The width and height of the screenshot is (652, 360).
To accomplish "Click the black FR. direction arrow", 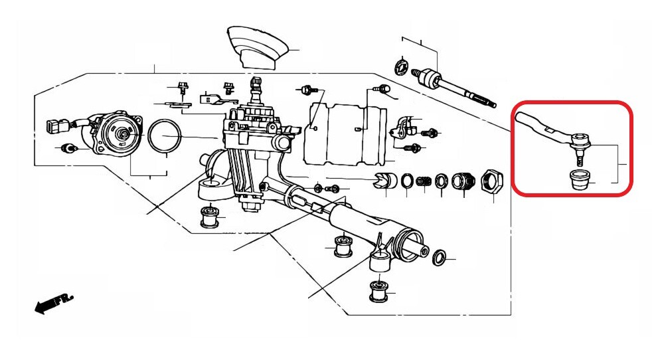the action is pos(53,303).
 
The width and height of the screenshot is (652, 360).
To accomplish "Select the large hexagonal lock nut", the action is pos(493,181).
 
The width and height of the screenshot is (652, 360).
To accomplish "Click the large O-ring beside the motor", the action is pos(165,135).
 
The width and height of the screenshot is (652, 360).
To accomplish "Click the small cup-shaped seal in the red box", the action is pos(578,179).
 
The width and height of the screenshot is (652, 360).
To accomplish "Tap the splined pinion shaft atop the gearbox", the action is pos(256,86).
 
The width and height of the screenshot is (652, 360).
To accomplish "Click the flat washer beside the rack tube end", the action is pos(440,258).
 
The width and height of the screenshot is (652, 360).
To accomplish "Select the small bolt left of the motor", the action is pos(68,147).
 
